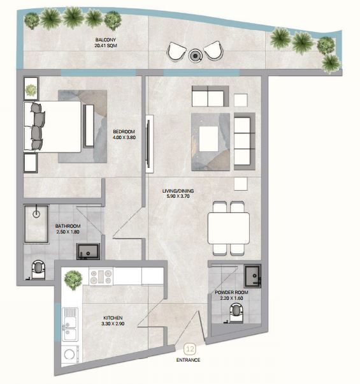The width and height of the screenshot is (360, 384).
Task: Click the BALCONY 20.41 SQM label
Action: click(106, 43)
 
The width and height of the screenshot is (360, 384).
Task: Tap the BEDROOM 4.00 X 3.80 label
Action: click(124, 135)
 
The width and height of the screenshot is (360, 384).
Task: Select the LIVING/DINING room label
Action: click(178, 193)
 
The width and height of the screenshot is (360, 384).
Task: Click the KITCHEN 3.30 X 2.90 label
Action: click(113, 321)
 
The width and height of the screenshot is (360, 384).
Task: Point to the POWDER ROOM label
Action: click(231, 295)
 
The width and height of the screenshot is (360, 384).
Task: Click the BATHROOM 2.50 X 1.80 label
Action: click(68, 229)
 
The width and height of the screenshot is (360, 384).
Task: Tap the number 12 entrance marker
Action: click(190, 349)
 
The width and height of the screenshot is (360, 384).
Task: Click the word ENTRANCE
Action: click(188, 360)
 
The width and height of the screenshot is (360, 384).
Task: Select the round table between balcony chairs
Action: click(195, 56)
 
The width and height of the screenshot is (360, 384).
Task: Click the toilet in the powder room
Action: click(236, 313)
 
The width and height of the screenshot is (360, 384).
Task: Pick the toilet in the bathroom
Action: click(38, 269)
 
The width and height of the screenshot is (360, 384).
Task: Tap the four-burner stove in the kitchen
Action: click(101, 277)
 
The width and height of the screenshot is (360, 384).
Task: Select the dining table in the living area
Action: click(229, 228)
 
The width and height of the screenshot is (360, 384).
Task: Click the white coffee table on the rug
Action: click(208, 139)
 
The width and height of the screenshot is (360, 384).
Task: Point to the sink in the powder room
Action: click(252, 276)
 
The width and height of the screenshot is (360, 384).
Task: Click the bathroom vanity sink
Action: click(88, 251)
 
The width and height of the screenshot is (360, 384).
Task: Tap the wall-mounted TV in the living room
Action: click(149, 144)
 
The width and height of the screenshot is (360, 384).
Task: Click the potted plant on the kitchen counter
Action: click(73, 279)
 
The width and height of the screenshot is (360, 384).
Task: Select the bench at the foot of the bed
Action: click(89, 126)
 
